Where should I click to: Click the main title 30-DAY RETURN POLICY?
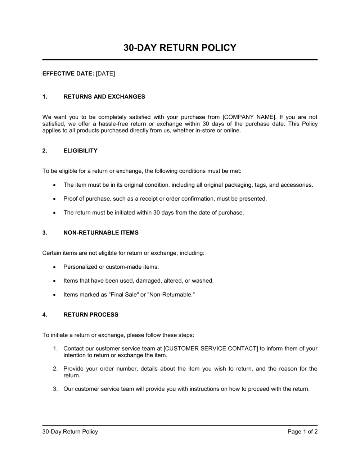tap(180, 48)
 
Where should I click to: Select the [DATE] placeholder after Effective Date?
tap(105, 74)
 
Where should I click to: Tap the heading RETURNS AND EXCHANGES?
tap(104, 97)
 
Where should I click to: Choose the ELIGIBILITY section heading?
tap(80, 151)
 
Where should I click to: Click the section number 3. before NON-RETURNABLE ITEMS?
tap(45, 233)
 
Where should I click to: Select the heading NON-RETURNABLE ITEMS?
tap(101, 233)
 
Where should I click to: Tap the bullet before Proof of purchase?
tap(54, 199)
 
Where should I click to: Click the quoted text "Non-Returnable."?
tap(171, 295)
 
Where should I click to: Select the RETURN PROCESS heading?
tap(91, 315)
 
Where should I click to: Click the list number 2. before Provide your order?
tap(55, 369)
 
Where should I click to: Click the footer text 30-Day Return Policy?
tap(70, 432)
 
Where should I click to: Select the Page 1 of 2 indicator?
tap(302, 432)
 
